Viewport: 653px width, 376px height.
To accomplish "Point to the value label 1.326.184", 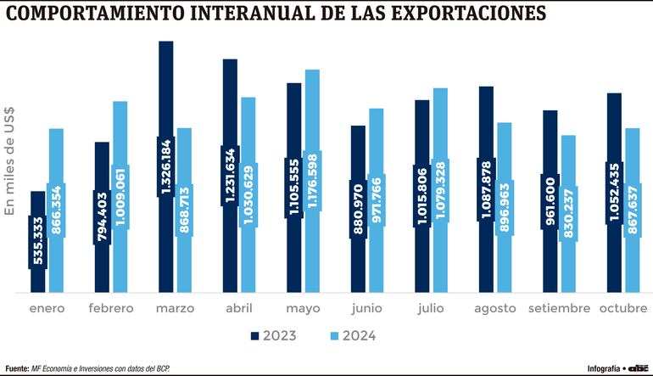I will point(165,167).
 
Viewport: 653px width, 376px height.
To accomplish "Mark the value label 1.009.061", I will point(120,197).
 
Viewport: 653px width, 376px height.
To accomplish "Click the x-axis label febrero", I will point(111,308).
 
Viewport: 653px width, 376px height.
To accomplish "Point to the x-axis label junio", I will point(366,308).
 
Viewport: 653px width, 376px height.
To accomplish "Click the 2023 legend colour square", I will point(254,336).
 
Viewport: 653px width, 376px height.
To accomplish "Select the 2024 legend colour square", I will point(335,336).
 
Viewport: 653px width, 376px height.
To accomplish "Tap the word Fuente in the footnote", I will point(17,368).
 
